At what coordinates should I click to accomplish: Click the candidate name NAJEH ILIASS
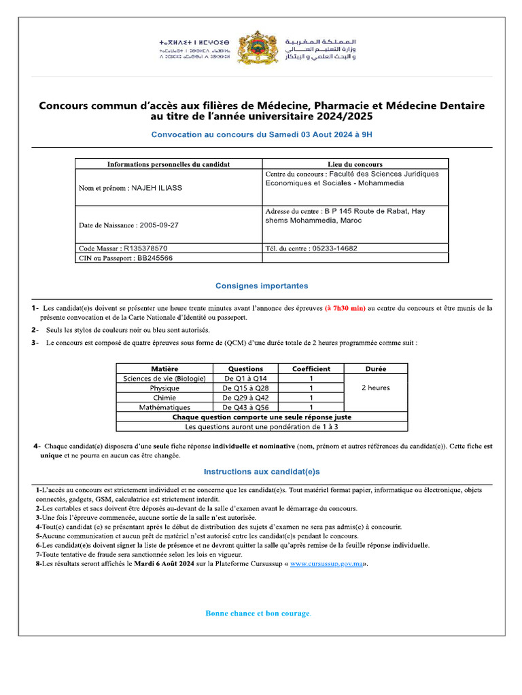[156, 188]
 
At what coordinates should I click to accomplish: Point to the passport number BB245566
[154, 258]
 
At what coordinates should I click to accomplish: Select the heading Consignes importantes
[262, 286]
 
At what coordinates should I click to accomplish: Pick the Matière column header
[164, 369]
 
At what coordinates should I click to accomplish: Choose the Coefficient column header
[311, 369]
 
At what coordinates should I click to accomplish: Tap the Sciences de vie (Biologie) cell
[164, 379]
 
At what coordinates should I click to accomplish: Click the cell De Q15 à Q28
[245, 388]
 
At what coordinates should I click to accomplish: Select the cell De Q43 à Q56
[245, 407]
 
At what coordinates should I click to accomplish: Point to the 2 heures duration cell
[376, 388]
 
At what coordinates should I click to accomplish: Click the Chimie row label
[164, 398]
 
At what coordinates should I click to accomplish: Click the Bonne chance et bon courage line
[258, 614]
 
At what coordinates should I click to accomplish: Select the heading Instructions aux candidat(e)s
[262, 472]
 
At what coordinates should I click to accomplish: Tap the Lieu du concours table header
[355, 164]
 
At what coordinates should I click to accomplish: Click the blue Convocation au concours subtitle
[262, 135]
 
